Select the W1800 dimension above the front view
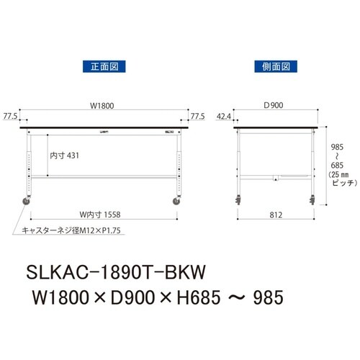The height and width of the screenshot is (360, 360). point(102,106)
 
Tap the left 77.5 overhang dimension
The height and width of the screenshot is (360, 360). point(10,115)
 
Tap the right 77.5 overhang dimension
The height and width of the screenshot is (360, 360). point(199,115)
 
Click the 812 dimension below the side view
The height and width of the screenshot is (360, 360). point(274,212)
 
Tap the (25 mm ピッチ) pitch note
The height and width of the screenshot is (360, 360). point(338,179)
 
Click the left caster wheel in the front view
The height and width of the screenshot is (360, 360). point(30,202)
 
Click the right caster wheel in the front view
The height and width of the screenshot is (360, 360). point(176,202)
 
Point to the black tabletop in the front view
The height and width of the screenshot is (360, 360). point(104,127)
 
